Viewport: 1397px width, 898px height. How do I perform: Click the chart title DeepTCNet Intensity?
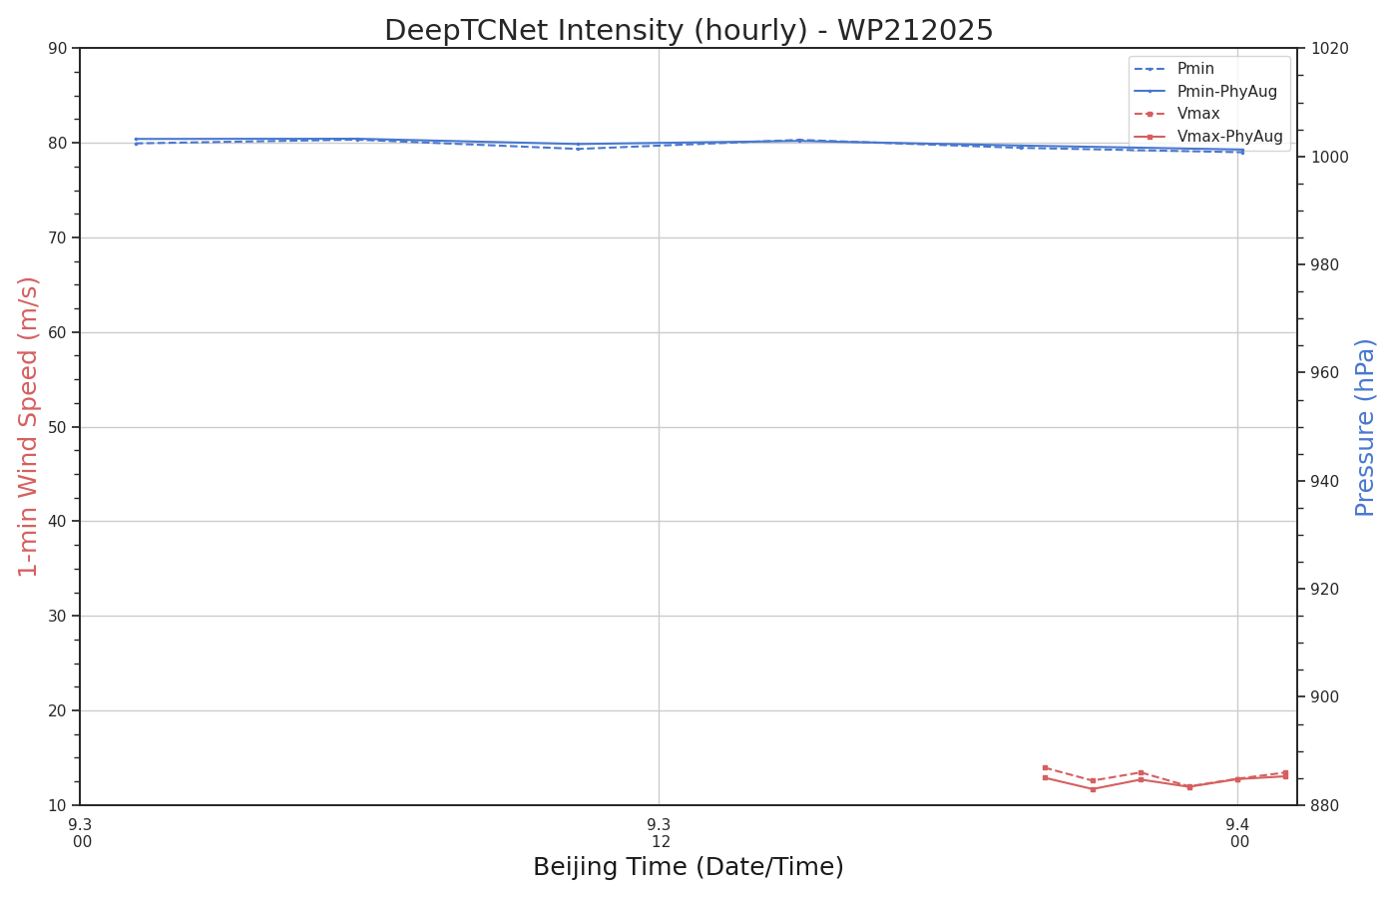click(689, 31)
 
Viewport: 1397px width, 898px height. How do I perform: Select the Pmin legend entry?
click(1195, 69)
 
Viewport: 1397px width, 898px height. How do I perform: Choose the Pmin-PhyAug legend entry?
click(1226, 92)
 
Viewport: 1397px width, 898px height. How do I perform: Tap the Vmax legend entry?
click(1198, 114)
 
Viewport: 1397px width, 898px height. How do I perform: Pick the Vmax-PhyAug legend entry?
click(1229, 137)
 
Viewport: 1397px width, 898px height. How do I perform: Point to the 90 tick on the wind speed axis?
click(58, 49)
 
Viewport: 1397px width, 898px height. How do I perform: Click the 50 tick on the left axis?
click(58, 427)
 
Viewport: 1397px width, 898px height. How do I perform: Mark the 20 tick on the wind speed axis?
click(58, 710)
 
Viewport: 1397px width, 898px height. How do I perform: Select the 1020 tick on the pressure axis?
click(1329, 49)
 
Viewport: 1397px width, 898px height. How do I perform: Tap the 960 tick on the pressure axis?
click(1325, 373)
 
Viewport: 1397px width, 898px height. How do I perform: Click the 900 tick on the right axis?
click(1325, 697)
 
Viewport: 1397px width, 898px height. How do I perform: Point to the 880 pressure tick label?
click(1325, 805)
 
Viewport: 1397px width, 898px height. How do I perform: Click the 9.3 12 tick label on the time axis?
click(659, 833)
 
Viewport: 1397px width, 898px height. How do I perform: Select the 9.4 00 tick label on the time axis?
click(1237, 833)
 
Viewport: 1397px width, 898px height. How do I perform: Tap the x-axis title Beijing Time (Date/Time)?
click(689, 867)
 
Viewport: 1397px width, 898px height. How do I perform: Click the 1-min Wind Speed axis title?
click(28, 426)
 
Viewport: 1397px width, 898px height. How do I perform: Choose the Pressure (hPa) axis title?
click(1365, 426)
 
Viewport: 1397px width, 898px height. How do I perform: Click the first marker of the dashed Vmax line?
click(1045, 767)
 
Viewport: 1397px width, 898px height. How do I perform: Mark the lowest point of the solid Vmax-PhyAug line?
click(1093, 789)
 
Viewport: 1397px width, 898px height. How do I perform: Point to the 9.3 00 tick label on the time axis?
click(80, 833)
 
